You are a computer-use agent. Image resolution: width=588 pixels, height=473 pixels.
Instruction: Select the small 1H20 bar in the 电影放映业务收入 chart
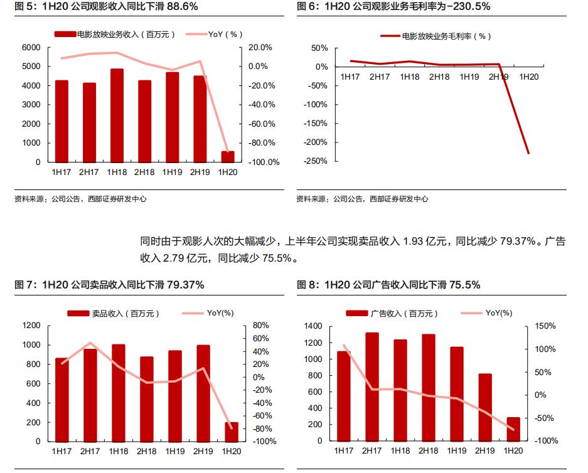[x=228, y=156]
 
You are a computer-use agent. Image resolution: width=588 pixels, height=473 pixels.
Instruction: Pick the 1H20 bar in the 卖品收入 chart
[x=232, y=432]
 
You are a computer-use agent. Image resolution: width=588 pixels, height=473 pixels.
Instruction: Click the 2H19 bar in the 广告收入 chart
[x=485, y=407]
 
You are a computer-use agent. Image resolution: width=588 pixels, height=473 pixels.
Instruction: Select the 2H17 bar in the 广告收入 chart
[x=372, y=386]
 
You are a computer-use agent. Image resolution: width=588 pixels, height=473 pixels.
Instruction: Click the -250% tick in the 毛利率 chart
[x=316, y=161]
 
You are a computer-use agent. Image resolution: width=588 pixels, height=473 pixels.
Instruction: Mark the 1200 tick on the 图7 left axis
[x=31, y=326]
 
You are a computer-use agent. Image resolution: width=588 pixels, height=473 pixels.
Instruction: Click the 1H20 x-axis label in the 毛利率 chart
[x=529, y=77]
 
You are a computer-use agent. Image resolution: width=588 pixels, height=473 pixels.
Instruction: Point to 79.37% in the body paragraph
[x=516, y=242]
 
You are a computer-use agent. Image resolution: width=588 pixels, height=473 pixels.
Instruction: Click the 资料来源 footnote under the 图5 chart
[x=80, y=199]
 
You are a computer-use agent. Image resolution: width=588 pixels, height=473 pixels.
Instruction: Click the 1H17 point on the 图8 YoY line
[x=344, y=346]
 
